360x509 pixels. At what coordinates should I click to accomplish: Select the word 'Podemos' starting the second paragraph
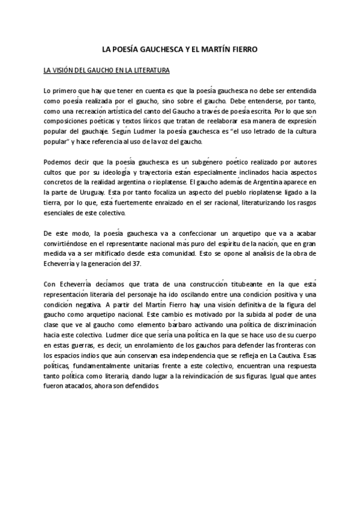[57, 162]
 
